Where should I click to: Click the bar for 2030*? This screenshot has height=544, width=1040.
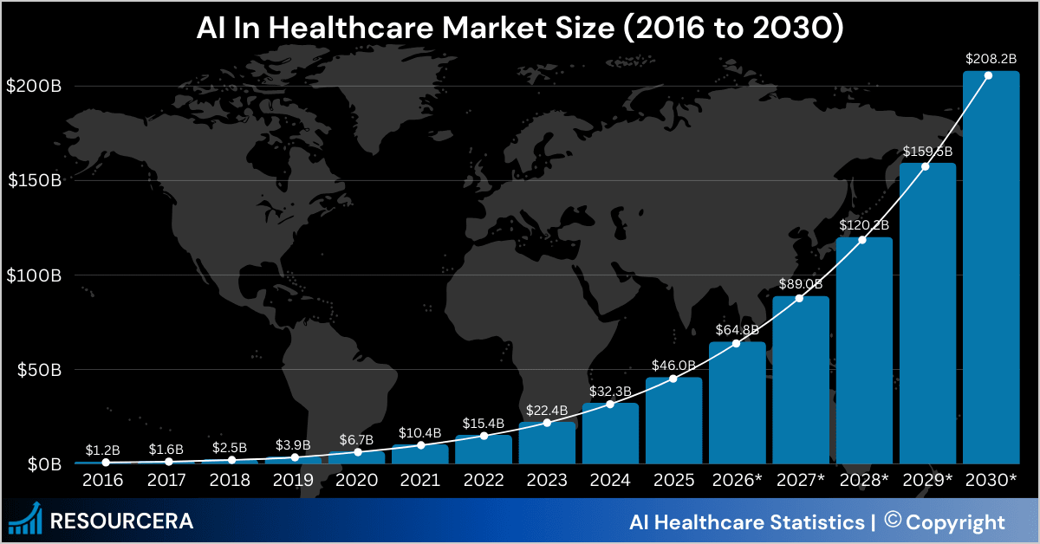[x=991, y=269]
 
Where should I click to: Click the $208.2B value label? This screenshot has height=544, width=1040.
[x=990, y=59]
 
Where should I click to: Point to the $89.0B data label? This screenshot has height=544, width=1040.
[x=799, y=283]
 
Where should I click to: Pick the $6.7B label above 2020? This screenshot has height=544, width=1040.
[x=357, y=438]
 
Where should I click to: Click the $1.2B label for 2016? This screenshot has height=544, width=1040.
[x=103, y=450]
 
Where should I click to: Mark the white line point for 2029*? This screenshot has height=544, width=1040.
[x=926, y=165]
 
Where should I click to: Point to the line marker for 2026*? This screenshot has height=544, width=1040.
[x=737, y=344]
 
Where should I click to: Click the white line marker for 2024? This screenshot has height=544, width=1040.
[x=610, y=405]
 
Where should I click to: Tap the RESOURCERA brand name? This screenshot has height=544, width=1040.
[x=122, y=521]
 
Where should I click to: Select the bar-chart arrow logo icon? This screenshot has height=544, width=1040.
[x=27, y=518]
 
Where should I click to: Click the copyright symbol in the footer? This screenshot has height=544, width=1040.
[x=892, y=521]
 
